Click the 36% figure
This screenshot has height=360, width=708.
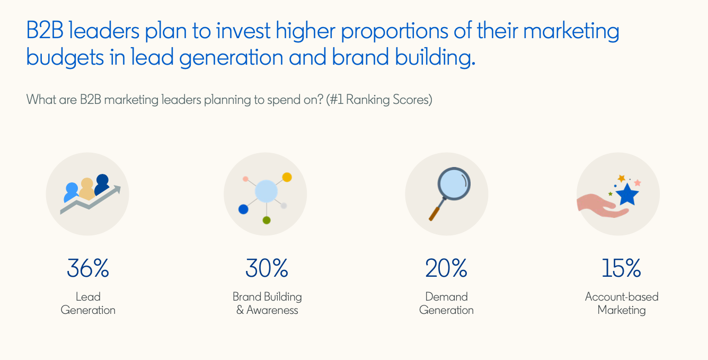pos(88,268)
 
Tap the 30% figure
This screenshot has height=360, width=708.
pos(267,268)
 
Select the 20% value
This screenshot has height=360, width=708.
pos(446,268)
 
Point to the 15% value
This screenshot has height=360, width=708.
pos(621,268)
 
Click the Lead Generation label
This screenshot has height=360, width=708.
pos(88,303)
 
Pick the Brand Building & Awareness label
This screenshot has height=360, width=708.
pos(267,303)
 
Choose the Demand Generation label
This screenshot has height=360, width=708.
pos(446,303)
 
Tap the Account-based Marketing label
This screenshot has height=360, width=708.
pos(622,303)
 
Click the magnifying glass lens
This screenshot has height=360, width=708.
pos(454,185)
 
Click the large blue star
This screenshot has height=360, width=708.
pos(628,195)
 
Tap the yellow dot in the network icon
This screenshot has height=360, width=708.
pos(287,177)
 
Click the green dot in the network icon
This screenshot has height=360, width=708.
pos(267,219)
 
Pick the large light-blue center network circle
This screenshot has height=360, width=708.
pos(266,191)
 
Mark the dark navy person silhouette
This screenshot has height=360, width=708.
pos(102,183)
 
